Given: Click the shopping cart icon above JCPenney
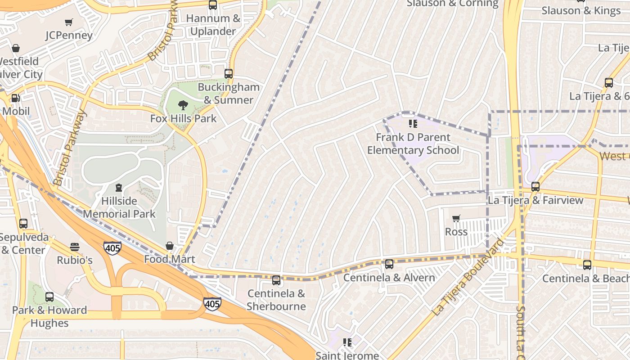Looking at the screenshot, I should pyautogui.click(x=68, y=22).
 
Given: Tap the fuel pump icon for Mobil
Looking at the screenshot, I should pyautogui.click(x=15, y=98).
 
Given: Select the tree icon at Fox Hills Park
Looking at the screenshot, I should pyautogui.click(x=183, y=105).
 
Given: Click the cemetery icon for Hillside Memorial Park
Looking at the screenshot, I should pyautogui.click(x=118, y=187).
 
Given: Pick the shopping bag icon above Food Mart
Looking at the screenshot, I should pyautogui.click(x=170, y=246).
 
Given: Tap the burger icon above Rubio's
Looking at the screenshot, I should pyautogui.click(x=75, y=247).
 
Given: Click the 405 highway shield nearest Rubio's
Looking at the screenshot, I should pyautogui.click(x=112, y=248).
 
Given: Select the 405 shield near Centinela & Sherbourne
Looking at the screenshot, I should pyautogui.click(x=212, y=304).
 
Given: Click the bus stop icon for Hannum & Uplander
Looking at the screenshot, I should pyautogui.click(x=213, y=5).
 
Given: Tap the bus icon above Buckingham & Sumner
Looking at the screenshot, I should pyautogui.click(x=229, y=74).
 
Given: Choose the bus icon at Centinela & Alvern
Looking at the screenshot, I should pyautogui.click(x=389, y=264).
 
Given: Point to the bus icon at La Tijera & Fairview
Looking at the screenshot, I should pyautogui.click(x=535, y=187).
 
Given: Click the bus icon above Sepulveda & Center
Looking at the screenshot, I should pyautogui.click(x=23, y=224).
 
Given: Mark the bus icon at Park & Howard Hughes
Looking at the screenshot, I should pyautogui.click(x=49, y=297).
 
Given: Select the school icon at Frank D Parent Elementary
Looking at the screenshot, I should pyautogui.click(x=413, y=124).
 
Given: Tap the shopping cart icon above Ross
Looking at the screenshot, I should pyautogui.click(x=456, y=219).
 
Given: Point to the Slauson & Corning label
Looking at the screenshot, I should pyautogui.click(x=452, y=4).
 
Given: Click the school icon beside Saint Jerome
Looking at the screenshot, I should pyautogui.click(x=347, y=342).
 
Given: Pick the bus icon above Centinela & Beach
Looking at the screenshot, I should pyautogui.click(x=587, y=265).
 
